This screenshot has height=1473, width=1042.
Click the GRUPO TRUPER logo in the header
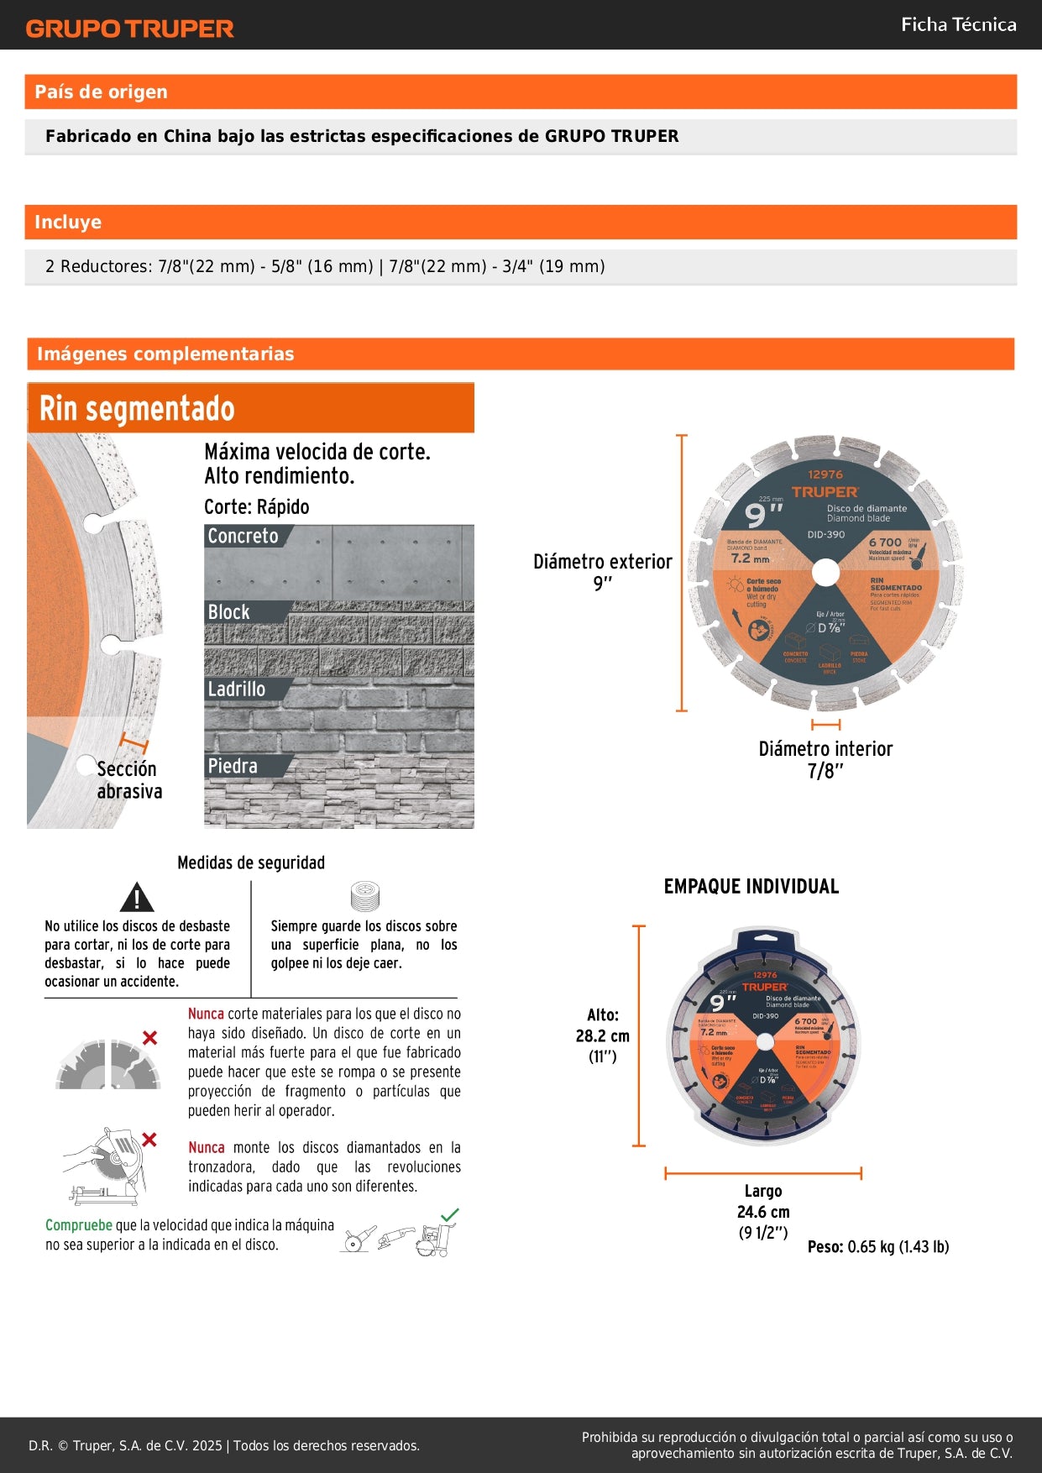[x=129, y=29]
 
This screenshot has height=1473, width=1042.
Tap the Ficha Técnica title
[x=958, y=24]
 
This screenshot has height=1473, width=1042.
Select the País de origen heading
[x=101, y=92]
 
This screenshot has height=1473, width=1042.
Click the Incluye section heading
[x=68, y=223]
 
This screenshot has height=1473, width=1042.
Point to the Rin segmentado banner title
[x=137, y=409]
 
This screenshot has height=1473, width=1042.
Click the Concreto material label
[x=243, y=536]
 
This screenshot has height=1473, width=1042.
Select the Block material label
[x=228, y=612]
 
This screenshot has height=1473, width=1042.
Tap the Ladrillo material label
[x=236, y=689]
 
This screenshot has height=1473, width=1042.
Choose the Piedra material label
[x=233, y=766]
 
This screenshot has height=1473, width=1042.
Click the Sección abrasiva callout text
[x=128, y=780]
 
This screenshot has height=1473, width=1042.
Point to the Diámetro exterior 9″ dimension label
[x=602, y=572]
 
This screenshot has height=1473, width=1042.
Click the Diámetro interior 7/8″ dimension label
[x=825, y=759]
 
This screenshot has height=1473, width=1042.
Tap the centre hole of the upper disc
[x=825, y=573]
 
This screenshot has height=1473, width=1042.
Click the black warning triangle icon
[x=136, y=898]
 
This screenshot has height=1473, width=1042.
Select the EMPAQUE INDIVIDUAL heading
[x=751, y=887]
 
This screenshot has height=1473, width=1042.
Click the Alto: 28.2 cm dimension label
[x=602, y=1035]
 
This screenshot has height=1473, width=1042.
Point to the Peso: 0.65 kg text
[x=877, y=1247]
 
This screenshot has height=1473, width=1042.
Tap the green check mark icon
[x=450, y=1214]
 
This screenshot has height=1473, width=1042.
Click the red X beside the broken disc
[x=149, y=1038]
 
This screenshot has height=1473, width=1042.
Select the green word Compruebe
[x=78, y=1225]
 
